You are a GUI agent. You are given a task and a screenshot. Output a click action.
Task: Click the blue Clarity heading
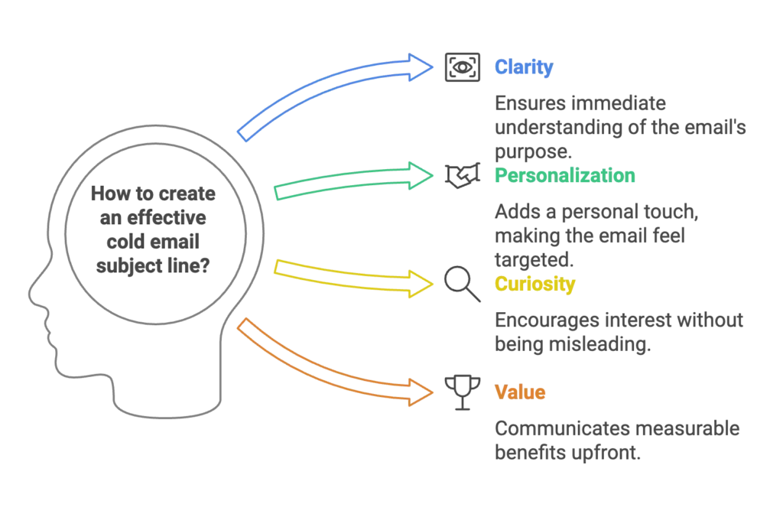pos(525,67)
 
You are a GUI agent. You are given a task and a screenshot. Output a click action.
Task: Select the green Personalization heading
pos(565,175)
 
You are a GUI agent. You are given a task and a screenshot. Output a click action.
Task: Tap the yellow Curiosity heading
pos(534,285)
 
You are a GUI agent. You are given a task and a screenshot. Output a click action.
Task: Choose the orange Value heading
pos(520,393)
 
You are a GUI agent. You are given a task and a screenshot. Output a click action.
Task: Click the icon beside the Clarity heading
pos(462,67)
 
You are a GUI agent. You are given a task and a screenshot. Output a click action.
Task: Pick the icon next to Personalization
pos(462,175)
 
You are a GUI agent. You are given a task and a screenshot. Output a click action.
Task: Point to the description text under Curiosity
pos(619,334)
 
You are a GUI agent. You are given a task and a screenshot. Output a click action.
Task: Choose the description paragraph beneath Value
pos(616,442)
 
